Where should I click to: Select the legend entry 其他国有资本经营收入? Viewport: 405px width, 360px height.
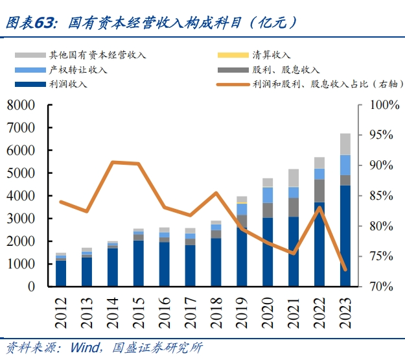click(x=97, y=55)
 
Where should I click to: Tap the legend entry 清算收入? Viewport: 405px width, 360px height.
click(x=272, y=55)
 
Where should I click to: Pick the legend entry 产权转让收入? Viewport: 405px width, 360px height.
click(x=78, y=69)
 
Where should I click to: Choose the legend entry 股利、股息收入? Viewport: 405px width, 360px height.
click(x=286, y=69)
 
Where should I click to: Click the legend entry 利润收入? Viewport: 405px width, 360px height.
click(x=68, y=84)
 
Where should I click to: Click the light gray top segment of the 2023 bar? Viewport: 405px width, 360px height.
click(x=345, y=144)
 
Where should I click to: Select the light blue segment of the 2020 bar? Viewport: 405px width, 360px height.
click(x=268, y=195)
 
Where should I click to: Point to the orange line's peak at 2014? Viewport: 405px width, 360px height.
click(x=113, y=162)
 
